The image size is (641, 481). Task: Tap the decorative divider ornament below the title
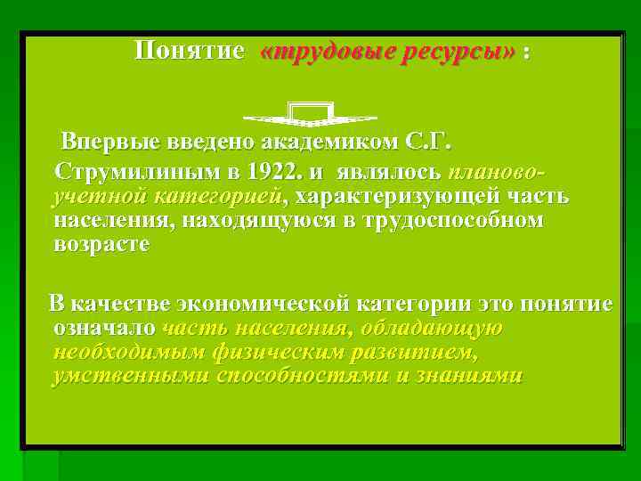click(x=311, y=114)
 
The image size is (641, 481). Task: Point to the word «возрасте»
click(x=101, y=245)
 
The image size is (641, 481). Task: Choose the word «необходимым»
click(x=128, y=353)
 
